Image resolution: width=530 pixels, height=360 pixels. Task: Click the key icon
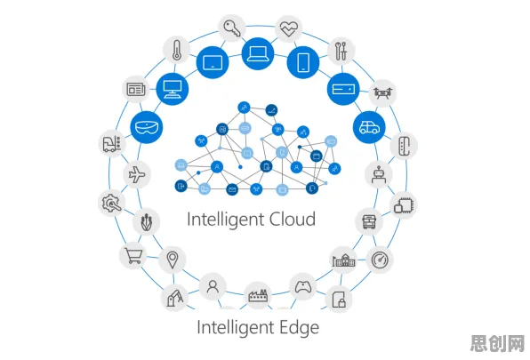point(232,28)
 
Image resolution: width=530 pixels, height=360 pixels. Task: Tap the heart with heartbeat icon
point(289,28)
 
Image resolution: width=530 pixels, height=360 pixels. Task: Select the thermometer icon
point(177,50)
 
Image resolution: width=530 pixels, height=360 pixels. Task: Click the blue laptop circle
point(258,53)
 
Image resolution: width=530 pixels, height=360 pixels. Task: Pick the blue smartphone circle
point(303,62)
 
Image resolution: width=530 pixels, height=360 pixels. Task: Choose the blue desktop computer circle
point(173,89)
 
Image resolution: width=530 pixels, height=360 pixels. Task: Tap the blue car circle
point(369,127)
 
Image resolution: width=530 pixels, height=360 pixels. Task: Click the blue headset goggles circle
point(147,127)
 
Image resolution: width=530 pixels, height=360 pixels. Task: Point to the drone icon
point(382,92)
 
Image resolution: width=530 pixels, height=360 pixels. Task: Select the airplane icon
point(137,174)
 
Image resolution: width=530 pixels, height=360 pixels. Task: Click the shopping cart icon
point(133,256)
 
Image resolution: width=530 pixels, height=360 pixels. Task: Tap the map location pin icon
point(173,260)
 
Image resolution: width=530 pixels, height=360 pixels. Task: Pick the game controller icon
point(303,287)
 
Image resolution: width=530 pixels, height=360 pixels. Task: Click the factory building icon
point(258,295)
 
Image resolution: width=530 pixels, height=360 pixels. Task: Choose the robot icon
point(379,174)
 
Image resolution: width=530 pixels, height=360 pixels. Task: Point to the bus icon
point(369,222)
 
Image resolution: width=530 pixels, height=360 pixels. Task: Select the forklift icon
point(112,144)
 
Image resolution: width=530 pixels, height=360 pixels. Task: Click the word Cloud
point(288,219)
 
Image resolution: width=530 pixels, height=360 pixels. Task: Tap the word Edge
point(299,328)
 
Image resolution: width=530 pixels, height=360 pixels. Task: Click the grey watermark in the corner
point(498,343)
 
